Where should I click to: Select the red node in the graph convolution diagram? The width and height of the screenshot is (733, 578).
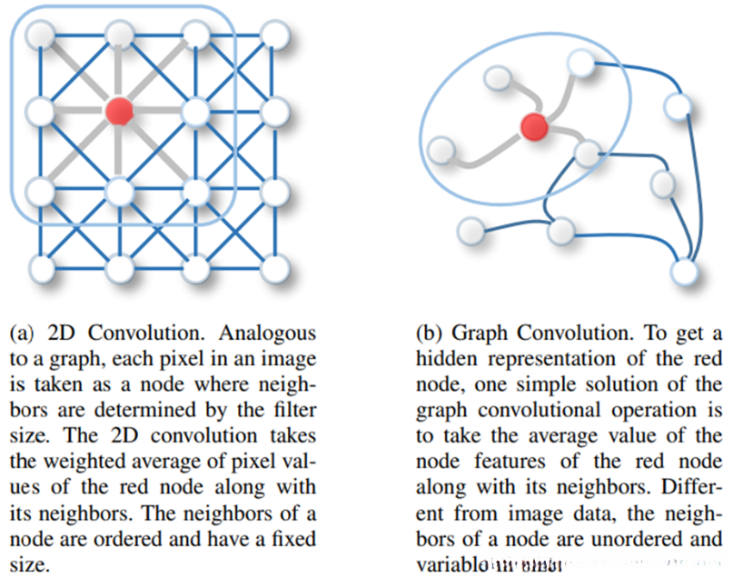535,127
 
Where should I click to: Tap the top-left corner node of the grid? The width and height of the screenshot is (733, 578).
40,35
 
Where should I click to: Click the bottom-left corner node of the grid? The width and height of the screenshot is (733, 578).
40,268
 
